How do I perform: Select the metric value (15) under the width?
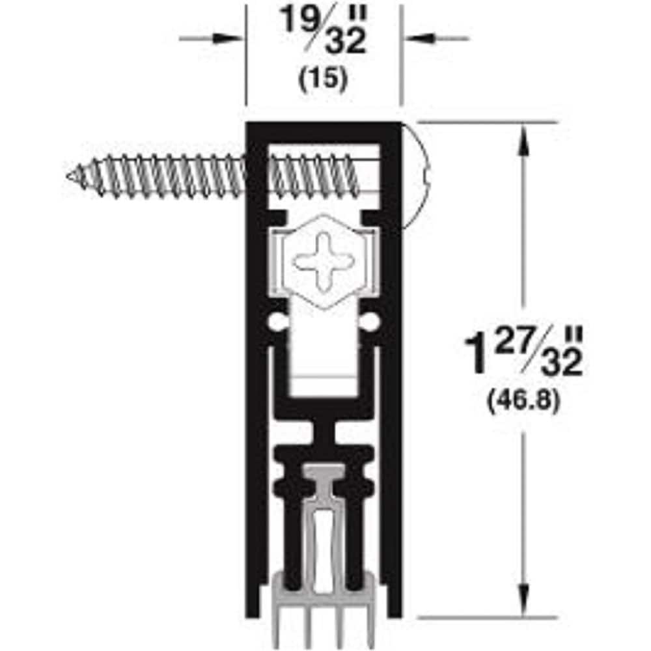tap(324, 78)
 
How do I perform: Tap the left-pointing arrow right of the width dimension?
tap(417, 38)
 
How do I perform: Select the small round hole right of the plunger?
tap(372, 321)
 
